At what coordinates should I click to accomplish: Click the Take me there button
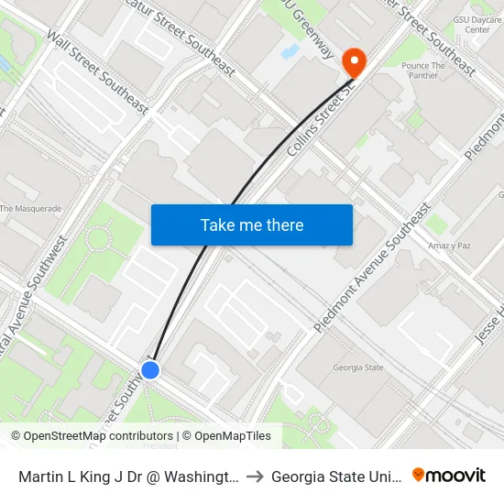click(252, 225)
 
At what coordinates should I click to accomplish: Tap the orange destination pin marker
click(353, 62)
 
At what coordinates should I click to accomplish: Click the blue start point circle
click(150, 369)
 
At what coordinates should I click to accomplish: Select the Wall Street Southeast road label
click(97, 75)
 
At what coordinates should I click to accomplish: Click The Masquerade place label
click(30, 209)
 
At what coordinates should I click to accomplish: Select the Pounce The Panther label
click(424, 71)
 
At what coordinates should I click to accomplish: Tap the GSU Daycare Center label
click(477, 24)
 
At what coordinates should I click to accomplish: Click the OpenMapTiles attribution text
click(225, 436)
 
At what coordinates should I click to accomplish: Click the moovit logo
click(448, 476)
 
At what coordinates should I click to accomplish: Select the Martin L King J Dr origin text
click(127, 477)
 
